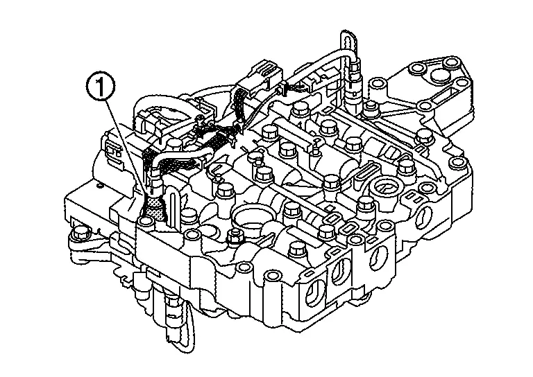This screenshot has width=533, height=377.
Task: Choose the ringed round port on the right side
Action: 385,188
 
